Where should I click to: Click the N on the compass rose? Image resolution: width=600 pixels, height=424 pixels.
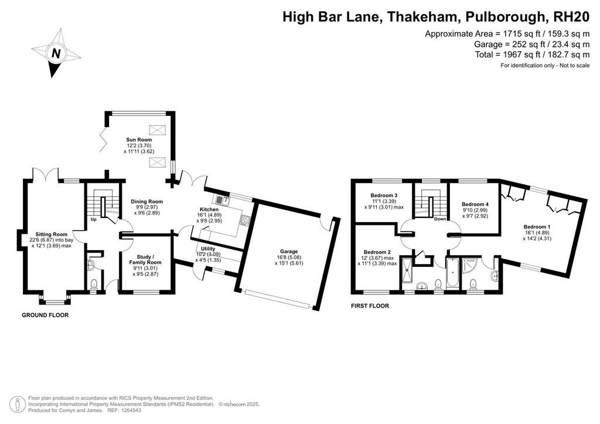point(56,53)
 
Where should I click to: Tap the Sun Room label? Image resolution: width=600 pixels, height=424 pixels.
point(139,139)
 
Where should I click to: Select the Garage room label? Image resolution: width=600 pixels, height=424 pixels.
point(288,251)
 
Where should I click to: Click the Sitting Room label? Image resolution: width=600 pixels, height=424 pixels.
point(52,234)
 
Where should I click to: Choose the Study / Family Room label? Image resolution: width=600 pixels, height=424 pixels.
point(145,259)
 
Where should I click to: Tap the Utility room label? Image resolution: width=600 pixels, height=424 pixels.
point(208,248)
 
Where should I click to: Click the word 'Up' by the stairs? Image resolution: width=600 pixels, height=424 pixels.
point(93,220)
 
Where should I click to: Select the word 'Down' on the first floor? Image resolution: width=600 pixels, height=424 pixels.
point(439,219)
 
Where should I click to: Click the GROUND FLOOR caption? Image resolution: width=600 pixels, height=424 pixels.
point(45,315)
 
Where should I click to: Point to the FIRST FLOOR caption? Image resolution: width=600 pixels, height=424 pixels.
point(370,306)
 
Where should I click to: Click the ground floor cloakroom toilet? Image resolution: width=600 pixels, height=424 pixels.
point(94,284)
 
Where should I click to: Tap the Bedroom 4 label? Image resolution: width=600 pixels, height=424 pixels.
point(475,204)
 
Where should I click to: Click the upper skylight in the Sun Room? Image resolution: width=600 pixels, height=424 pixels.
point(156,130)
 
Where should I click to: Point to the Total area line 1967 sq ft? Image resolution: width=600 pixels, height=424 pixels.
point(532,54)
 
